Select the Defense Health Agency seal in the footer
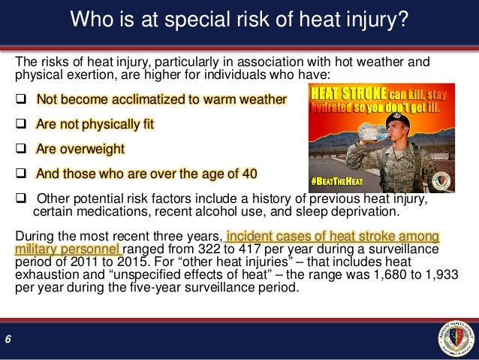pos(455,337)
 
